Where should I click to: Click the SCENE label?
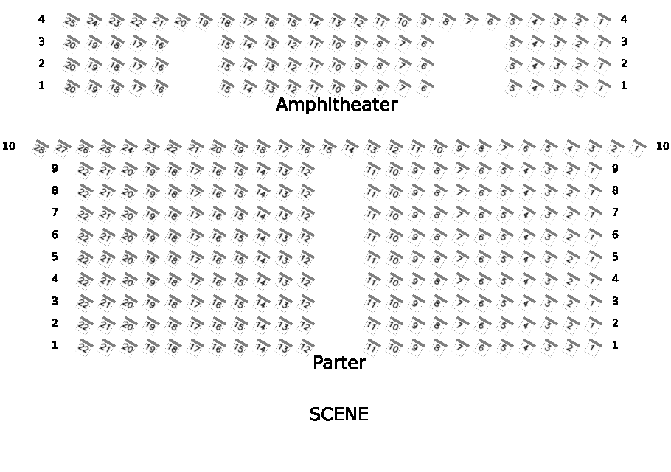click(x=338, y=414)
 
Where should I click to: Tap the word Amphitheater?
click(x=336, y=105)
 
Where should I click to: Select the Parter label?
click(x=339, y=363)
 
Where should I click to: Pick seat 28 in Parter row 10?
click(x=40, y=148)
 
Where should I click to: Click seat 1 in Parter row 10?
click(x=637, y=148)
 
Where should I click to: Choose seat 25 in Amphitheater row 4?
click(x=71, y=21)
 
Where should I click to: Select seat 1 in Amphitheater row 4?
click(x=602, y=21)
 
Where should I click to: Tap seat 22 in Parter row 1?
click(x=84, y=347)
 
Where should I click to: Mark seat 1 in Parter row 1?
click(x=593, y=347)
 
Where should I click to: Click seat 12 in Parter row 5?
click(x=305, y=259)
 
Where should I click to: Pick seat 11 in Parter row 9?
click(x=372, y=170)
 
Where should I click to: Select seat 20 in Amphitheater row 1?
click(x=71, y=88)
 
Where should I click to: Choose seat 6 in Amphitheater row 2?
click(x=423, y=66)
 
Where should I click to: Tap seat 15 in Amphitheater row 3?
click(x=226, y=44)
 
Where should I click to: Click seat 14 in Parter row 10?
click(x=350, y=148)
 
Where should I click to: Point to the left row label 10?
click(x=9, y=146)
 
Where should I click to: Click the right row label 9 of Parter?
click(x=615, y=168)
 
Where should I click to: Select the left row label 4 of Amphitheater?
click(x=41, y=19)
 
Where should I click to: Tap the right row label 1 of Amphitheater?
click(x=624, y=86)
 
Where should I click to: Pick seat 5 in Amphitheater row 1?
click(x=512, y=88)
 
